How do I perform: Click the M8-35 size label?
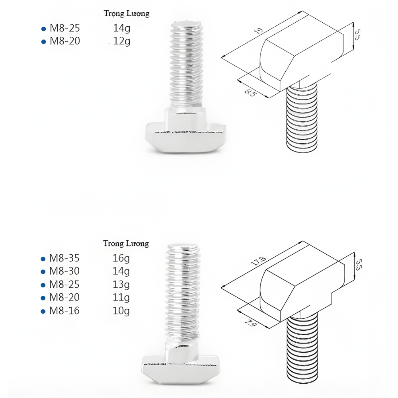(x=64, y=258)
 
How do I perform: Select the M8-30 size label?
(x=64, y=271)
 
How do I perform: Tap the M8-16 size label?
(x=64, y=311)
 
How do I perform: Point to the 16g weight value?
(x=121, y=258)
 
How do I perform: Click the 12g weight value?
(x=122, y=41)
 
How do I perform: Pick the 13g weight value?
(x=121, y=285)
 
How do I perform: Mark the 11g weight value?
(x=121, y=298)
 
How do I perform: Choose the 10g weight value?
(x=121, y=311)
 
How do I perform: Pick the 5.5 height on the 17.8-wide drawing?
(x=358, y=265)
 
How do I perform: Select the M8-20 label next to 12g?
(x=64, y=41)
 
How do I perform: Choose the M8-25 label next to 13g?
(x=64, y=285)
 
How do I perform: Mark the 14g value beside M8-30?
(x=121, y=271)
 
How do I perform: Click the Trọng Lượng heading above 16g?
(x=126, y=243)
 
